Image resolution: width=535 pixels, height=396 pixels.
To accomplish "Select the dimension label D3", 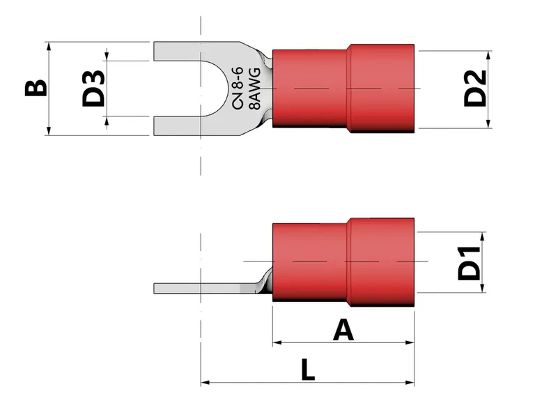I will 93,88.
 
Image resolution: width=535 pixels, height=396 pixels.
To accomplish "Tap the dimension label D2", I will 475,88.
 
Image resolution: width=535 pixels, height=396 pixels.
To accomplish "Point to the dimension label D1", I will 470,262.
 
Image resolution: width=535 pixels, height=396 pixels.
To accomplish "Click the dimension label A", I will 343,329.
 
